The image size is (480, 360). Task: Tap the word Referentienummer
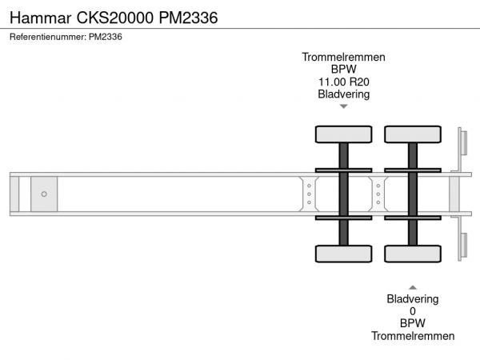46,36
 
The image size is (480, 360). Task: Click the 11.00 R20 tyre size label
343,82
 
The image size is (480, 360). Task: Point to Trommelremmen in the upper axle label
343,58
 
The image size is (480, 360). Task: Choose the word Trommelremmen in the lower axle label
413,336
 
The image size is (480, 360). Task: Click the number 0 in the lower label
413,311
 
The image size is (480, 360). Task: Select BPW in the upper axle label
343,70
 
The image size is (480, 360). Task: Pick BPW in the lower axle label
413,323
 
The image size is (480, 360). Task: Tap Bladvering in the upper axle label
343,94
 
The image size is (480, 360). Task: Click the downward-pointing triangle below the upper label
343,106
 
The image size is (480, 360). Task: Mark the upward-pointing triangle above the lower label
413,286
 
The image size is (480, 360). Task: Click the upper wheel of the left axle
343,134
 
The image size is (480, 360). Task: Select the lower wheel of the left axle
343,254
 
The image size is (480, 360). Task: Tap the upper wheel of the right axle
413,134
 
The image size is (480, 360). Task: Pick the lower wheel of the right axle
413,254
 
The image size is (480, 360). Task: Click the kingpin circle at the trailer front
44,194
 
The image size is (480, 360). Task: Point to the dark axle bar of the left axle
343,194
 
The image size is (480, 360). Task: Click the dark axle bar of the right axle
413,194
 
